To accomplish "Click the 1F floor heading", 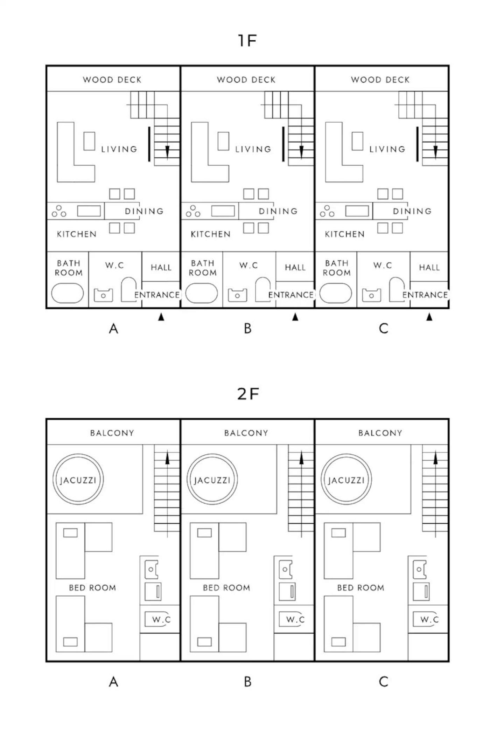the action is (x=247, y=41).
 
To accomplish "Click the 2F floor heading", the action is (x=248, y=394).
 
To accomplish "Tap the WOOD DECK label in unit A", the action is (x=112, y=80).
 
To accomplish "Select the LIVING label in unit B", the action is (x=253, y=149).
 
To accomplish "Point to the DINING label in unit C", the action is (x=412, y=211).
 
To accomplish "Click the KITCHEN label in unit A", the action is (x=77, y=234).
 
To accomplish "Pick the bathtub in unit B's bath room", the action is (x=202, y=293).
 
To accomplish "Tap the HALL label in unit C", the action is (x=429, y=268).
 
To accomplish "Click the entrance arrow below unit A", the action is (x=161, y=317).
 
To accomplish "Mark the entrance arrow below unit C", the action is (x=429, y=317).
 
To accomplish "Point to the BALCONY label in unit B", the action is (x=246, y=433).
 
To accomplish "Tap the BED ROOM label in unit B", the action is (x=226, y=588).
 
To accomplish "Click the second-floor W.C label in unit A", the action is (x=161, y=620).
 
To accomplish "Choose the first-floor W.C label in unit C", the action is (x=383, y=266).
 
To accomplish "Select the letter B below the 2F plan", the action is (x=247, y=682).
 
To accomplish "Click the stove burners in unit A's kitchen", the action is (x=59, y=211).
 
